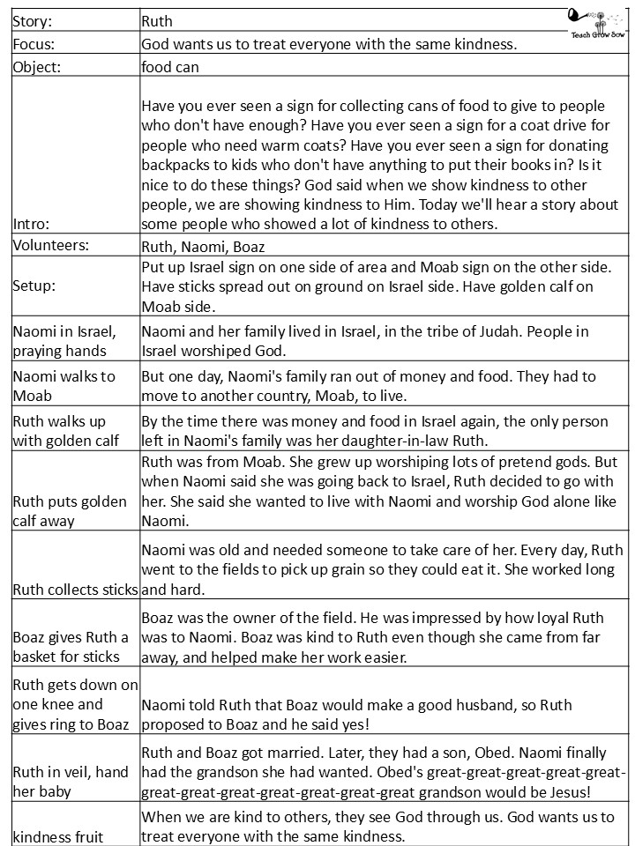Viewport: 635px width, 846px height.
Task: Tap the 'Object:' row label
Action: [x=37, y=66]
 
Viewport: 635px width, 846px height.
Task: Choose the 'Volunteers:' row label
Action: [x=51, y=248]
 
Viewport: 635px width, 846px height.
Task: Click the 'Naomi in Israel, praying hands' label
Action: [x=71, y=341]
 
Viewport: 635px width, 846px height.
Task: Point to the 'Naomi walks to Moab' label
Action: [x=63, y=385]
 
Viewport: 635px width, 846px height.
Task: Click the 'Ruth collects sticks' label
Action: [x=75, y=590]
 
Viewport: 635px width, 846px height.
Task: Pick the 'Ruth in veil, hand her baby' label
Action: [x=71, y=782]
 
